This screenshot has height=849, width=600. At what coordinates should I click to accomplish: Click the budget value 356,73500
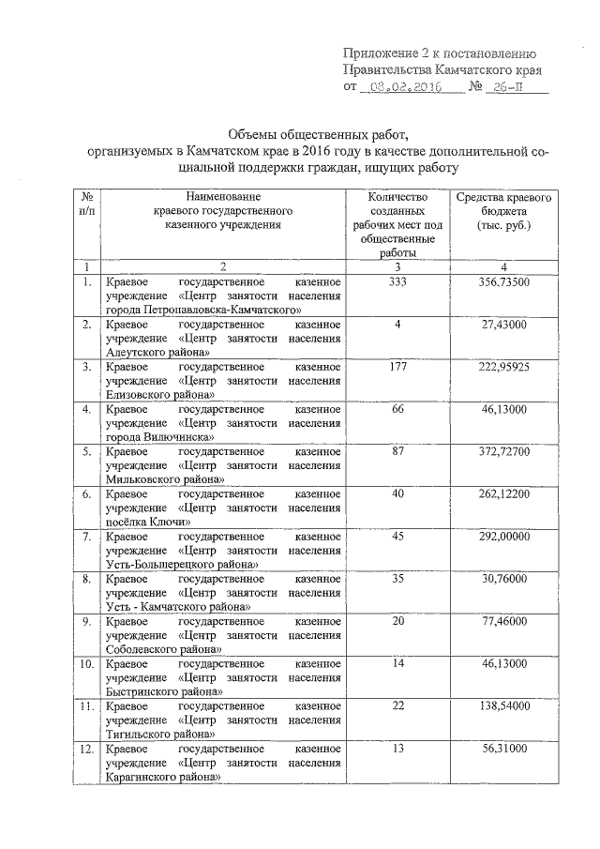503,281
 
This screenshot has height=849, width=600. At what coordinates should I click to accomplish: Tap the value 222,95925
503,366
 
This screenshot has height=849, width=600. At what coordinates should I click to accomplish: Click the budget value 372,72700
503,451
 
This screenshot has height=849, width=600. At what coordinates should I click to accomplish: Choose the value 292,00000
503,537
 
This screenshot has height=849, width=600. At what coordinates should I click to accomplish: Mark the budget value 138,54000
503,706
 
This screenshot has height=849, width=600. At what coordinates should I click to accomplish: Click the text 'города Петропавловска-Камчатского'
203,309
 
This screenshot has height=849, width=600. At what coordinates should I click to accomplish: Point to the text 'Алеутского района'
157,351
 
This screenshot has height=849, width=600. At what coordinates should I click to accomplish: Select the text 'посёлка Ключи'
149,522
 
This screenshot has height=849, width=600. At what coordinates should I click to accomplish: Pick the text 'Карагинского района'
163,778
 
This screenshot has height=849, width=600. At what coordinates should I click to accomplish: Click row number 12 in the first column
86,750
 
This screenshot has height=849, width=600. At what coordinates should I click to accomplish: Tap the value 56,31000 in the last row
503,750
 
